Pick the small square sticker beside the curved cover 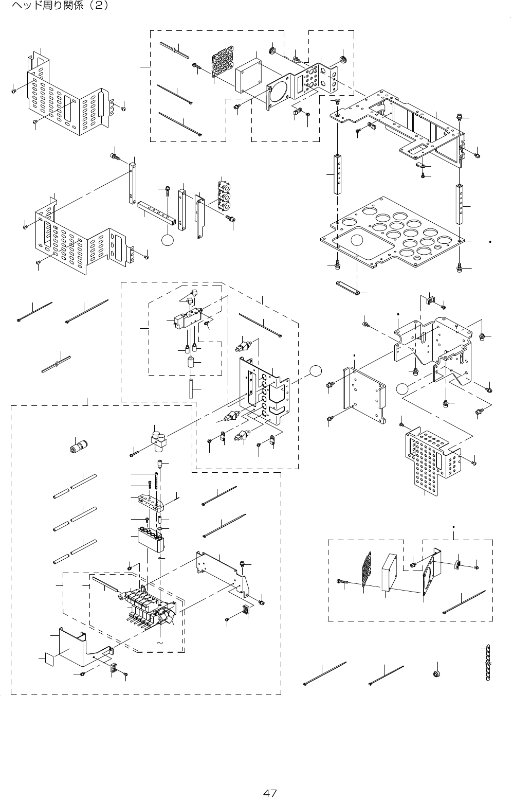tap(48, 658)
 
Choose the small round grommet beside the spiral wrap tap(438, 673)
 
